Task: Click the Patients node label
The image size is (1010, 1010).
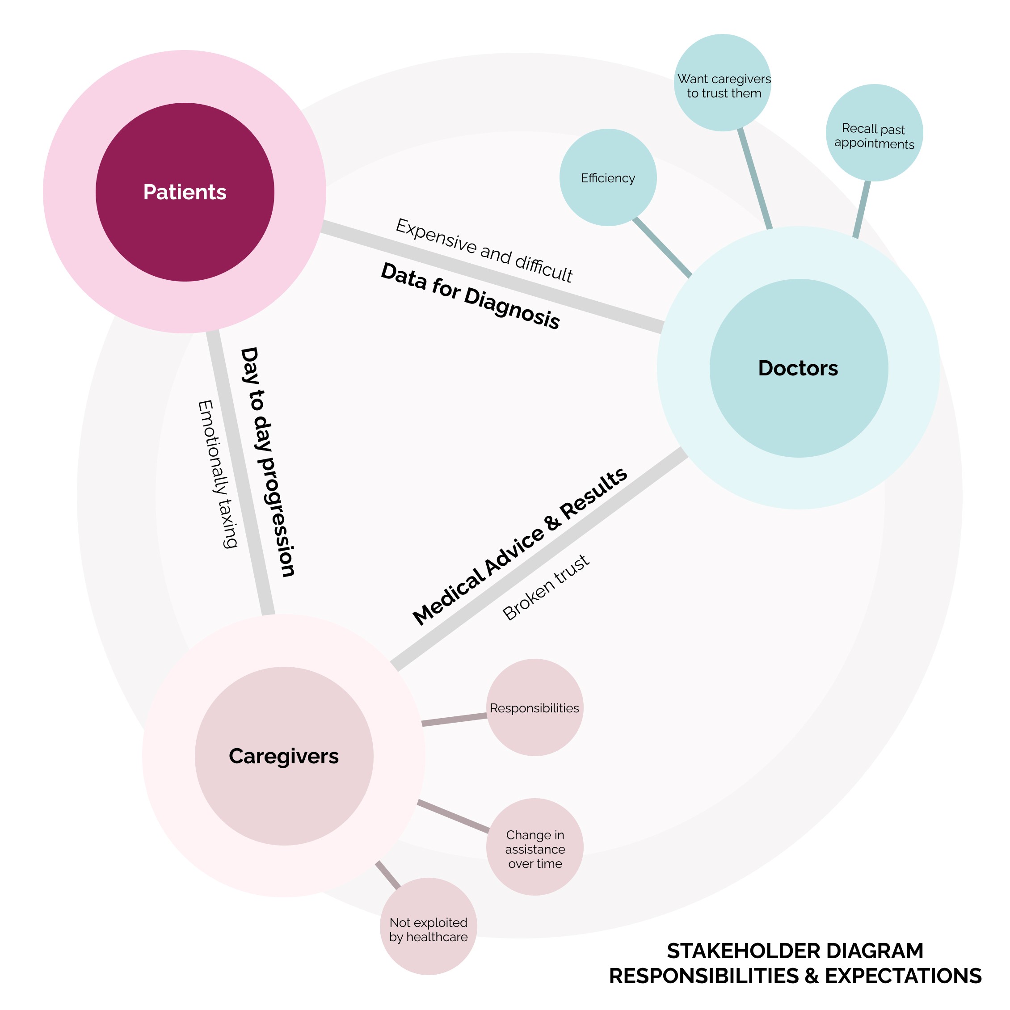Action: pyautogui.click(x=185, y=192)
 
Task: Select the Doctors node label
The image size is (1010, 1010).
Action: pyautogui.click(x=798, y=369)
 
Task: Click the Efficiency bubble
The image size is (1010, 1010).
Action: pyautogui.click(x=608, y=178)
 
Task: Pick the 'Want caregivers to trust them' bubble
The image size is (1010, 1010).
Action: pyautogui.click(x=723, y=83)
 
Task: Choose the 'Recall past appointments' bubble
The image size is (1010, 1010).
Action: pyautogui.click(x=875, y=133)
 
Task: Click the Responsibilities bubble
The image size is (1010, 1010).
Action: pyautogui.click(x=535, y=707)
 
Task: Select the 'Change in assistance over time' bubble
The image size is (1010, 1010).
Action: pyautogui.click(x=535, y=847)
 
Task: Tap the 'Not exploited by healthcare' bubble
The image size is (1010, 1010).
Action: pyautogui.click(x=429, y=926)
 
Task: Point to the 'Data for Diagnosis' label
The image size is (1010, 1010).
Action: pyautogui.click(x=471, y=296)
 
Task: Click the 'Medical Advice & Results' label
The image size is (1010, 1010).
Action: pyautogui.click(x=520, y=546)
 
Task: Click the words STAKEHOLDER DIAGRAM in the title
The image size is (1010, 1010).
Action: pyautogui.click(x=795, y=951)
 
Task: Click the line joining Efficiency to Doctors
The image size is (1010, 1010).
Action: pyautogui.click(x=662, y=247)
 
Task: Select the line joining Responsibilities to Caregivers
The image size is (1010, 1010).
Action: pyautogui.click(x=455, y=720)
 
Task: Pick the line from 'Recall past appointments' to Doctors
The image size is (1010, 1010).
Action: pyautogui.click(x=862, y=209)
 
